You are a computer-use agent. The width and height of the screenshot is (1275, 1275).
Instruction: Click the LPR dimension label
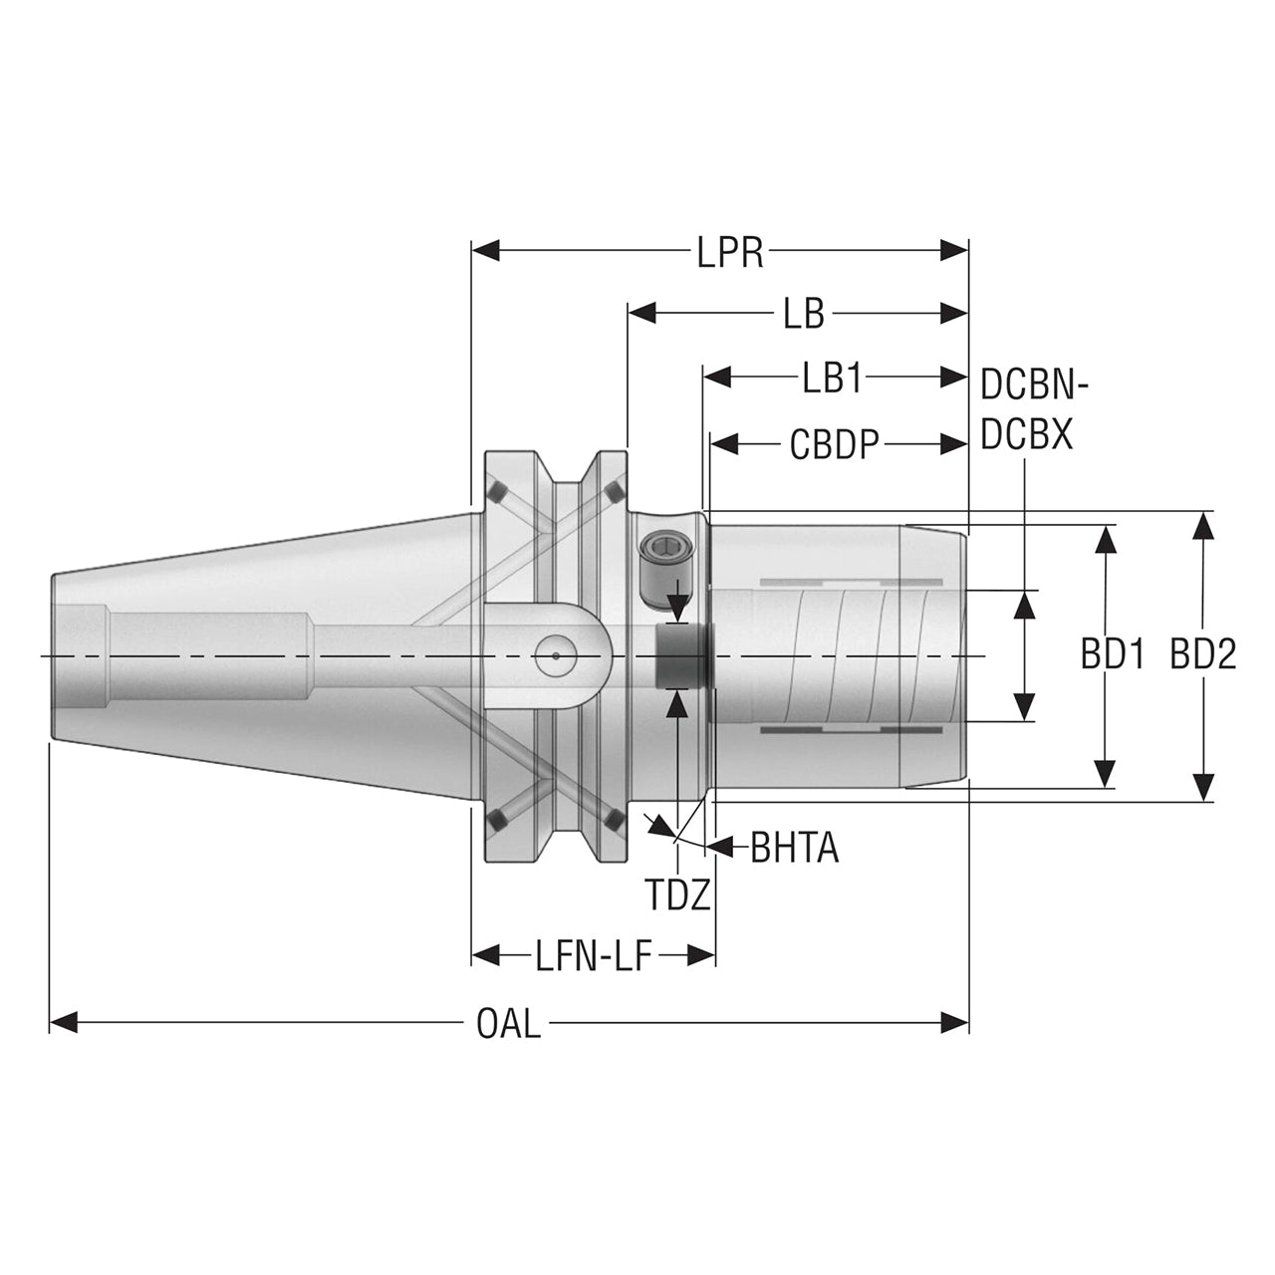730,252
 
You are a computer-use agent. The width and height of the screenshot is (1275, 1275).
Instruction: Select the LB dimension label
804,315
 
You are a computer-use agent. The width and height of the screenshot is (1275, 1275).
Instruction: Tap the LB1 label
833,379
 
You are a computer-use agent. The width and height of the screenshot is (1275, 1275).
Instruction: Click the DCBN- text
1034,384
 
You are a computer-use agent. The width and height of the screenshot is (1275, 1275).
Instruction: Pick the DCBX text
1026,434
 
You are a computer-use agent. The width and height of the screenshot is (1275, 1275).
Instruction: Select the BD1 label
1113,654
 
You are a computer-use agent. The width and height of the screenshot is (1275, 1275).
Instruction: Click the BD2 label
1203,654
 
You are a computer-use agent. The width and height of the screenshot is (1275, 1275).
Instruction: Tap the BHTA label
795,849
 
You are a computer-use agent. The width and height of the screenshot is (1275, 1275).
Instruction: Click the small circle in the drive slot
556,656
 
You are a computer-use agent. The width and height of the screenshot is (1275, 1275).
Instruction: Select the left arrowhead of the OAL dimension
64,1022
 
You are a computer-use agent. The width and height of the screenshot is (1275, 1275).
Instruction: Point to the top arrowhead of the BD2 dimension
1203,527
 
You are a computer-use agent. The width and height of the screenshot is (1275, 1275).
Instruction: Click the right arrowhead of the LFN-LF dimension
701,955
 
